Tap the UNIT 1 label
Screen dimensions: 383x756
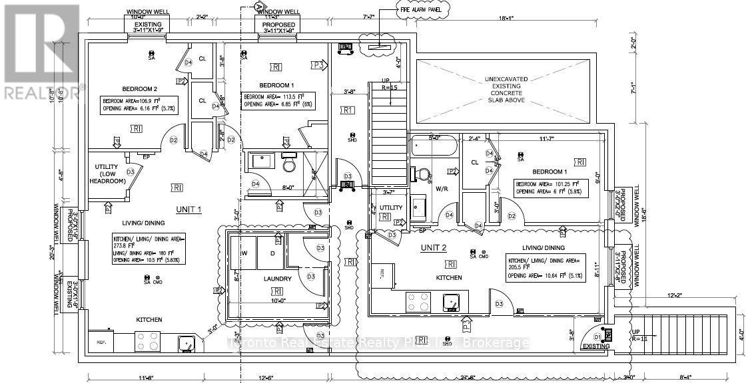pyautogui.click(x=189, y=209)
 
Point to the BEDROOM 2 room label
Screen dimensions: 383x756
pyautogui.click(x=139, y=88)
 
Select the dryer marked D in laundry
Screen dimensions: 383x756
pyautogui.click(x=272, y=253)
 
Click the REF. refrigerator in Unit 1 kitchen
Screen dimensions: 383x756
pyautogui.click(x=102, y=342)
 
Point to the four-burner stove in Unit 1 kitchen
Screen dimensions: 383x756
pyautogui.click(x=147, y=341)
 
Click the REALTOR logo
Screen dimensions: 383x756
pyautogui.click(x=40, y=50)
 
